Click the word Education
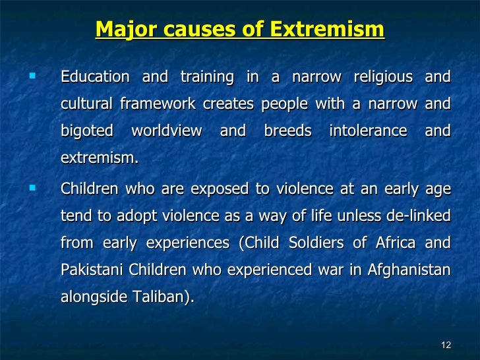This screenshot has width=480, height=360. (x=95, y=77)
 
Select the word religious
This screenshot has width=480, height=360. (x=382, y=77)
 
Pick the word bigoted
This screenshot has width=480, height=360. (x=86, y=131)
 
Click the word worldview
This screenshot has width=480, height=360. (x=167, y=131)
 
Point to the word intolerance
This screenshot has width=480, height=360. (x=368, y=131)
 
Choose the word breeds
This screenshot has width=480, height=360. (x=287, y=131)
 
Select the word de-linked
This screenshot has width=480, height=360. (x=419, y=216)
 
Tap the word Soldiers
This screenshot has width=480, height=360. (x=317, y=243)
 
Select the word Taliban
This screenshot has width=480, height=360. (x=165, y=297)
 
